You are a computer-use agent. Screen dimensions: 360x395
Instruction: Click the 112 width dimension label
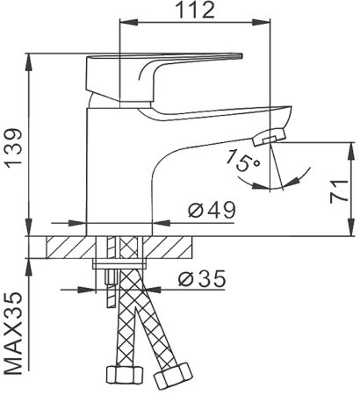pyautogui.click(x=196, y=11)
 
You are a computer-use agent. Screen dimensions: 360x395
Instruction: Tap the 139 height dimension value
pyautogui.click(x=15, y=148)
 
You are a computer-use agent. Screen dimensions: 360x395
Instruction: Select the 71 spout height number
pyautogui.click(x=339, y=191)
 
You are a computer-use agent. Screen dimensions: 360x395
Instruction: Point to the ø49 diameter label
pyautogui.click(x=212, y=210)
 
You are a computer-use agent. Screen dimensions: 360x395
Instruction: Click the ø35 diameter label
pyautogui.click(x=202, y=278)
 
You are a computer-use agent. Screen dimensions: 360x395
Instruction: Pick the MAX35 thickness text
pyautogui.click(x=14, y=333)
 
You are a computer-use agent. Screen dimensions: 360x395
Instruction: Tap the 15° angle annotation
pyautogui.click(x=242, y=161)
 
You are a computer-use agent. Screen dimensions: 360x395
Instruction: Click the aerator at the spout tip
pyautogui.click(x=270, y=137)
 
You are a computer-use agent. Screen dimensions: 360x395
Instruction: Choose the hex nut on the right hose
pyautogui.click(x=173, y=376)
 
